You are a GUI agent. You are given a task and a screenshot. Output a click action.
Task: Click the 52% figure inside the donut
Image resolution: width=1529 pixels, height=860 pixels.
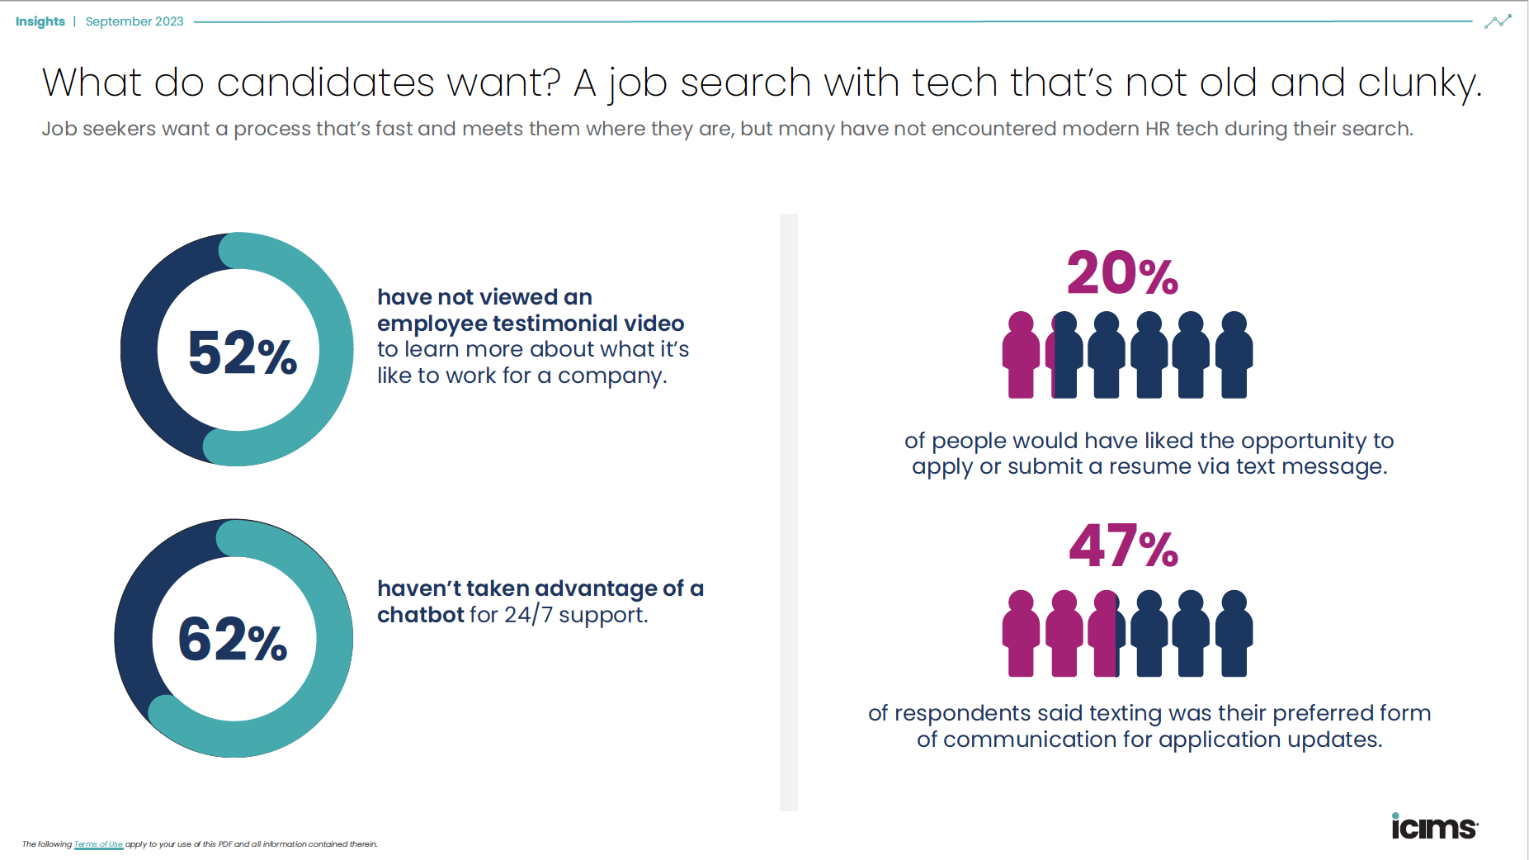tap(242, 352)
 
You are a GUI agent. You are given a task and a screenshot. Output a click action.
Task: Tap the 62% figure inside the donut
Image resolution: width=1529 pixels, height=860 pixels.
tap(233, 640)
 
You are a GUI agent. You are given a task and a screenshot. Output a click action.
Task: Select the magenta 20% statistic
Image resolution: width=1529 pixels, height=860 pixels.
tap(1122, 274)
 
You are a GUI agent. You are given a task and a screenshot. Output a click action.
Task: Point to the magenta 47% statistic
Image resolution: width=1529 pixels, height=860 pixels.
tap(1123, 546)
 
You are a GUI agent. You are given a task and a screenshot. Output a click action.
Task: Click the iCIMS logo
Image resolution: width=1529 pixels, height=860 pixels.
tap(1434, 826)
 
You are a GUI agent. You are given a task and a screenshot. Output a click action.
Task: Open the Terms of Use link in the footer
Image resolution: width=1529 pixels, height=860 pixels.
tap(98, 844)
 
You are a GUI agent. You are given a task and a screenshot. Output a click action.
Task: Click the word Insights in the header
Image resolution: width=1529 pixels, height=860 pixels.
tap(40, 21)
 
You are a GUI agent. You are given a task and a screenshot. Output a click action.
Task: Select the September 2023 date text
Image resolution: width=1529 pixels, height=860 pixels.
tap(134, 21)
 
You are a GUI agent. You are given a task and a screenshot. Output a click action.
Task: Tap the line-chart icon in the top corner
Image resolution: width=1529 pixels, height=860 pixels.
tap(1498, 21)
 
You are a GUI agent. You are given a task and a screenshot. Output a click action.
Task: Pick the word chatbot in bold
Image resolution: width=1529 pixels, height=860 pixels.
tap(421, 615)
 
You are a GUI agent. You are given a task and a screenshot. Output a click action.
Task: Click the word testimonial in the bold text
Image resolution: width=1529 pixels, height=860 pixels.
tap(555, 324)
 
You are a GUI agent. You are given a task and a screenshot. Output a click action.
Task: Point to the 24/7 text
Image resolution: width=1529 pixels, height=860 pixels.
tap(528, 615)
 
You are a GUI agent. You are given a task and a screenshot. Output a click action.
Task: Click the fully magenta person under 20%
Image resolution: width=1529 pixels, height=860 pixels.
tap(1021, 355)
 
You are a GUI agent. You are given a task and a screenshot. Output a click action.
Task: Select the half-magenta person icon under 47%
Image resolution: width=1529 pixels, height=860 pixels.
tap(1106, 634)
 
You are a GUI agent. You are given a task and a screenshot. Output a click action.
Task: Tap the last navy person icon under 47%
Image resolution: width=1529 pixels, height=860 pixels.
tap(1234, 634)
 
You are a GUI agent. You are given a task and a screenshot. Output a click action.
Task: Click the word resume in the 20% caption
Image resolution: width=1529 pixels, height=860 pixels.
tap(1147, 467)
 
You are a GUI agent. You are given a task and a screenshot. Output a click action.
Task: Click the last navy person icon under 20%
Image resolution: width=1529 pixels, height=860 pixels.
tap(1234, 355)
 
